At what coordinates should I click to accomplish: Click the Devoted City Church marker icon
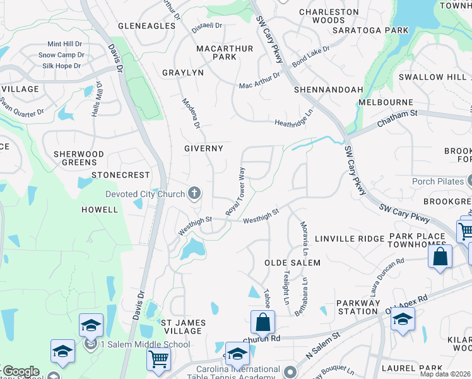[x=194, y=193]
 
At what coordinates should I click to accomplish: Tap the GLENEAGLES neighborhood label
[x=146, y=26]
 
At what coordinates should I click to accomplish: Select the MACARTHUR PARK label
[x=225, y=52]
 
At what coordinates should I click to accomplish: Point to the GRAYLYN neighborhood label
[x=183, y=73]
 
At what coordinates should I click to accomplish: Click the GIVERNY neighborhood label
[x=203, y=148]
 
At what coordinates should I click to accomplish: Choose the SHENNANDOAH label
[x=328, y=90]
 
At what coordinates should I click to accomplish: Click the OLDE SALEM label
[x=292, y=262]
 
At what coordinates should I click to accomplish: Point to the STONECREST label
[x=121, y=174]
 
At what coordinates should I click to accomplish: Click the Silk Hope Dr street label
[x=61, y=66]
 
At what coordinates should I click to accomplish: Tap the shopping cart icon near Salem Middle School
[x=158, y=359]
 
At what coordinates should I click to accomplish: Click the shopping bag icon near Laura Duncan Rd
[x=440, y=256]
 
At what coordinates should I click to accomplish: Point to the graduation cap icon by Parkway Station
[x=403, y=320]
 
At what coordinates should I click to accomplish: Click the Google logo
[x=20, y=371]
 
